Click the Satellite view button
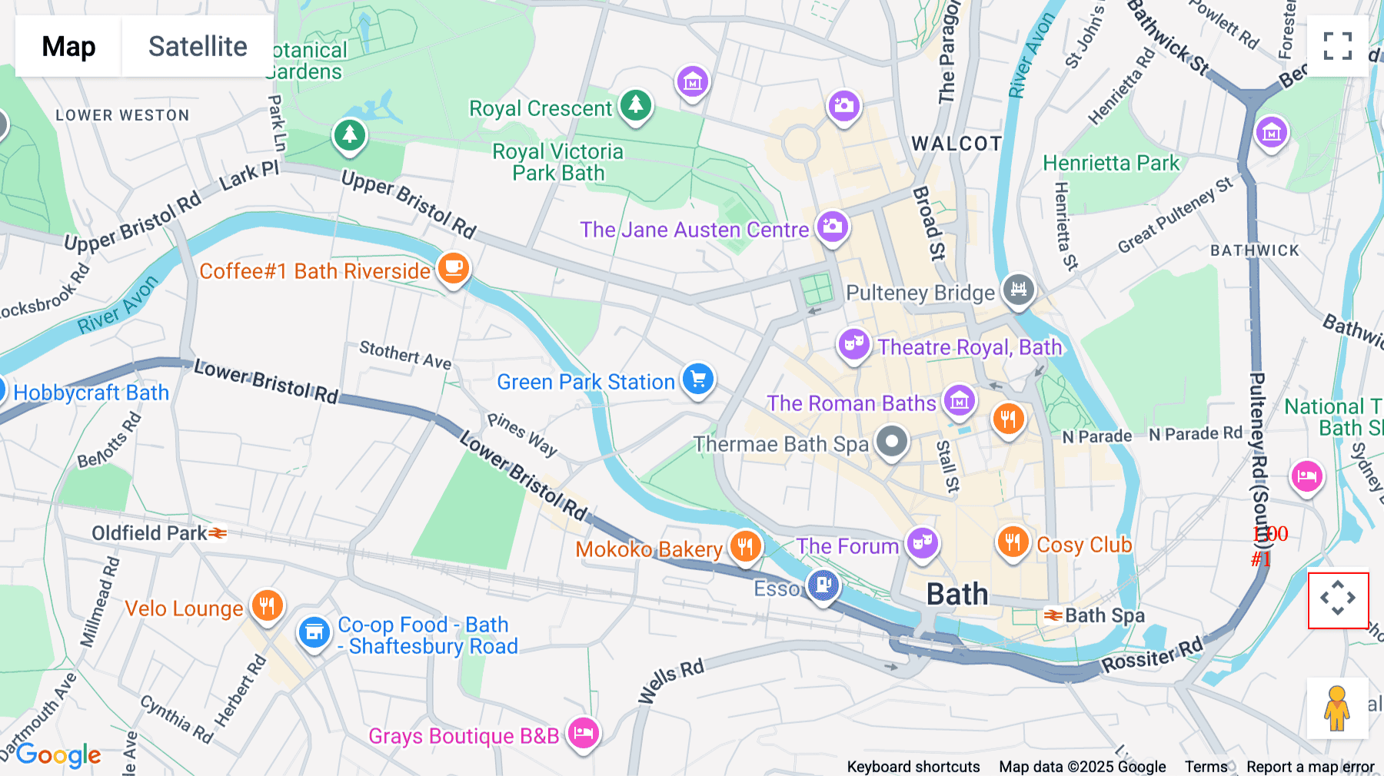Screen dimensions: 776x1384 198,46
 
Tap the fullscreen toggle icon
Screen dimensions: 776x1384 1337,46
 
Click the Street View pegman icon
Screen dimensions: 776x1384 1337,708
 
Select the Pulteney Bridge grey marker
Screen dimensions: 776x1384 1019,290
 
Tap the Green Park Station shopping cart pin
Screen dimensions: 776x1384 698,379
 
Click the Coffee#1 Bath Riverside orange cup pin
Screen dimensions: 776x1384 454,268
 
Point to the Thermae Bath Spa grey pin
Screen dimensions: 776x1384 892,442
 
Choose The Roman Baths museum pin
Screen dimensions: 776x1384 960,400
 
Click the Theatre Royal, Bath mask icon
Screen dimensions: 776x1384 853,344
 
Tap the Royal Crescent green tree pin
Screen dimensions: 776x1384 635,104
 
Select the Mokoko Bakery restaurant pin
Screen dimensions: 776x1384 745,546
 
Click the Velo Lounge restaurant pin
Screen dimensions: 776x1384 267,605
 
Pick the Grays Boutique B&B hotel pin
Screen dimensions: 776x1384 584,732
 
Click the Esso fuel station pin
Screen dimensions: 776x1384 823,585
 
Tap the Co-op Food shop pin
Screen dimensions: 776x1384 314,632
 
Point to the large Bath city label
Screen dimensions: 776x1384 956,594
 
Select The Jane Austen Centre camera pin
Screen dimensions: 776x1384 832,227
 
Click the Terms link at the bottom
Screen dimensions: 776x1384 1206,766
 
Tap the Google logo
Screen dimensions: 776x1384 58,755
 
